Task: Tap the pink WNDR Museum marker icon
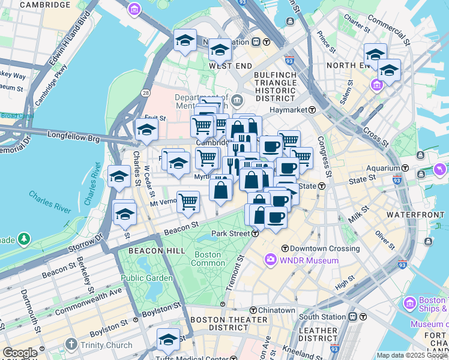[x=270, y=260]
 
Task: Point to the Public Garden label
[x=146, y=278]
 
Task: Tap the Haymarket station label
[x=292, y=110]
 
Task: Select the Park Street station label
[x=231, y=233]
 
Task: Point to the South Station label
[x=322, y=316]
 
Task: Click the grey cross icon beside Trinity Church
[x=71, y=344]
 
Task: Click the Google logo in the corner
[x=20, y=353]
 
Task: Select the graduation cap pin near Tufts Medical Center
[x=168, y=339]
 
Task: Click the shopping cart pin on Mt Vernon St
[x=188, y=202]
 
